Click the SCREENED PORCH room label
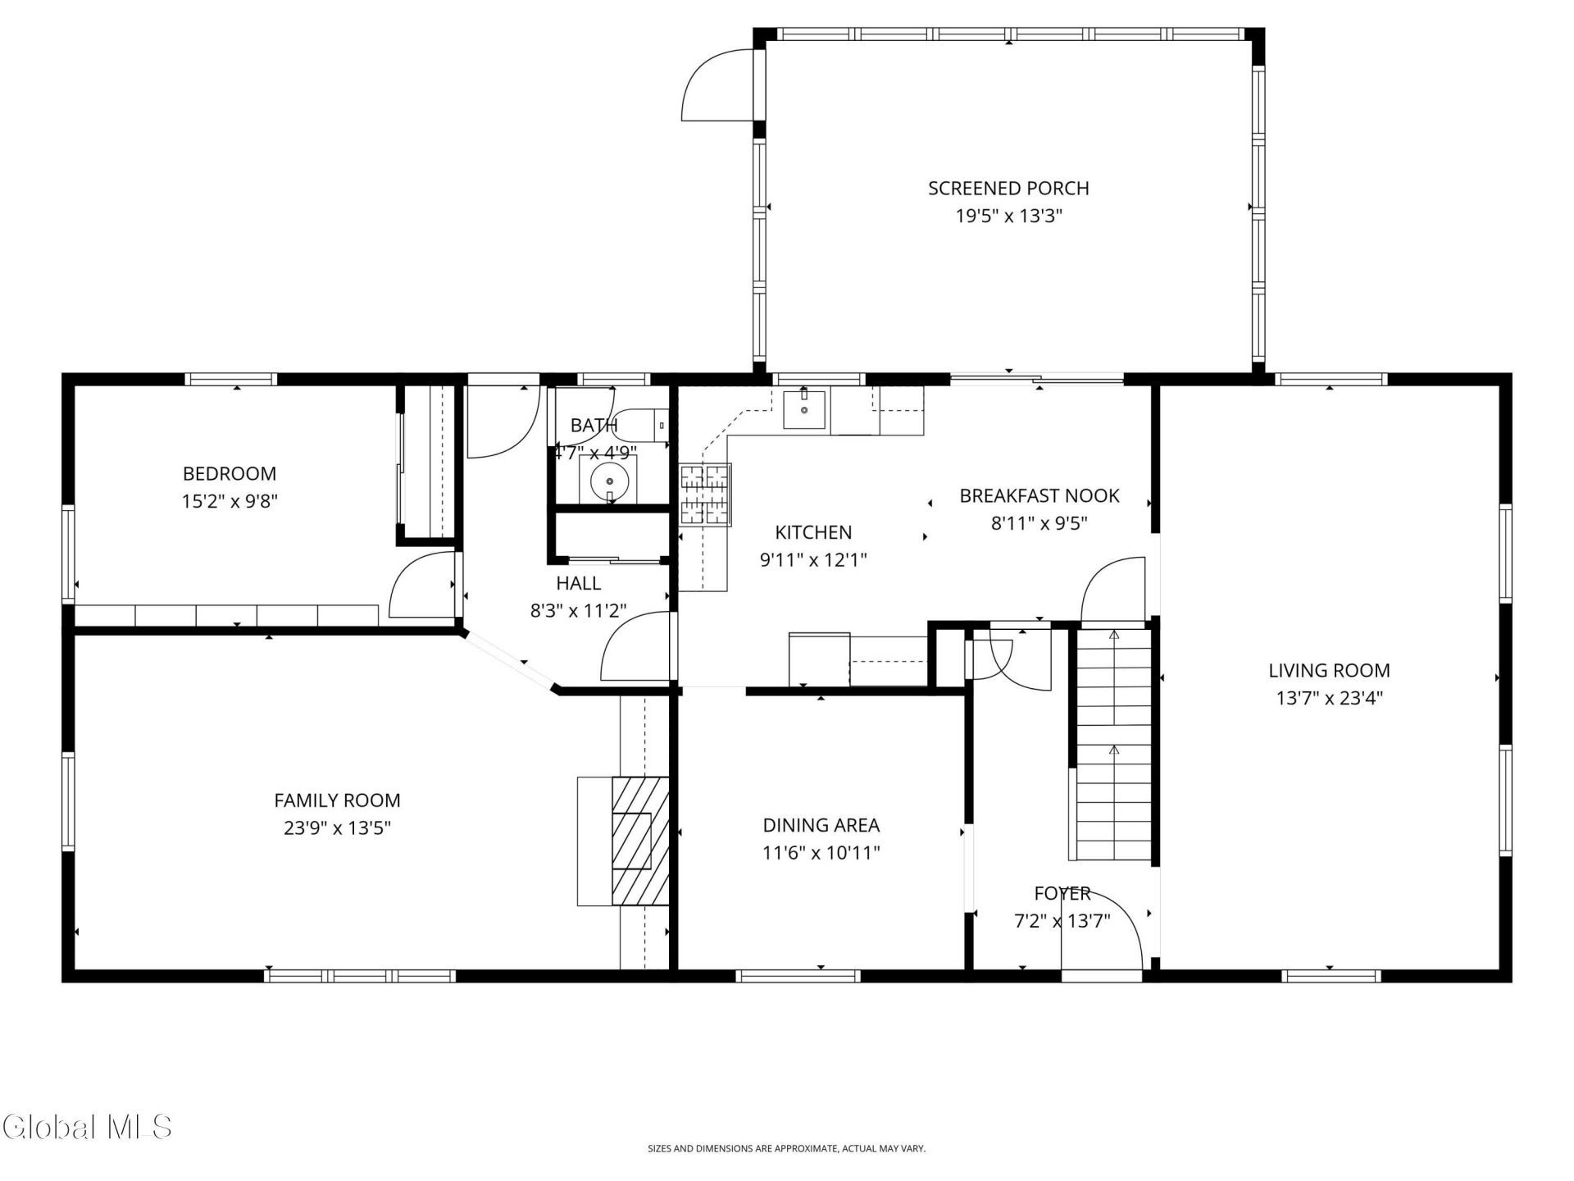click(1008, 189)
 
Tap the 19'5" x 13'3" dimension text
click(1008, 217)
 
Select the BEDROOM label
click(230, 474)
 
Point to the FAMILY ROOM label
click(337, 800)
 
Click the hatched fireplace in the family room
click(640, 841)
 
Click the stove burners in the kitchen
click(705, 495)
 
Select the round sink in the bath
click(609, 480)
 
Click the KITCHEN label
click(813, 533)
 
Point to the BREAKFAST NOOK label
click(1039, 496)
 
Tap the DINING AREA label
click(821, 826)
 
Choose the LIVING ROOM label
click(1329, 671)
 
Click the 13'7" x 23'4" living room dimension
click(1329, 699)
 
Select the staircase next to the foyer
click(1113, 744)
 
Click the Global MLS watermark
click(87, 1126)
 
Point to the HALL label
click(578, 584)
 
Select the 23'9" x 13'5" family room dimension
click(337, 828)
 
